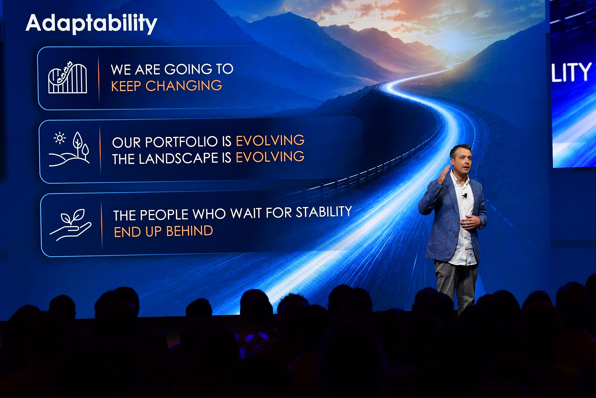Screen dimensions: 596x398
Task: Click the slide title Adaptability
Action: point(91,23)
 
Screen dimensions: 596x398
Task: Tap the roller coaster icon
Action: point(68,77)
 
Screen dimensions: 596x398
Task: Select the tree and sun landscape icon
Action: point(69,149)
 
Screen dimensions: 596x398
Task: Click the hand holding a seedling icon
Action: point(70,225)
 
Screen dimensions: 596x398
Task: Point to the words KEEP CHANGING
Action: point(166,86)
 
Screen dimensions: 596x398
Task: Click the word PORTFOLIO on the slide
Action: point(181,142)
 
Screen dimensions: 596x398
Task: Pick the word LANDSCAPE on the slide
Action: point(179,158)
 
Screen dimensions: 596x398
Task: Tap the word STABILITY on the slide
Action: point(324,212)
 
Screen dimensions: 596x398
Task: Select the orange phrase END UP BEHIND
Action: point(163,231)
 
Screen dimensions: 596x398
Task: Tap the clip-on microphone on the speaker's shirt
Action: point(465,196)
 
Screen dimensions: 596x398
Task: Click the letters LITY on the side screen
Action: point(571,72)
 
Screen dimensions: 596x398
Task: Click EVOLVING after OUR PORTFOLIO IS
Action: point(270,140)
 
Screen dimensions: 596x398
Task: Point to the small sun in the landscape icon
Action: point(60,138)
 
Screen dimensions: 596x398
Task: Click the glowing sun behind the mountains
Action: point(450,40)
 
